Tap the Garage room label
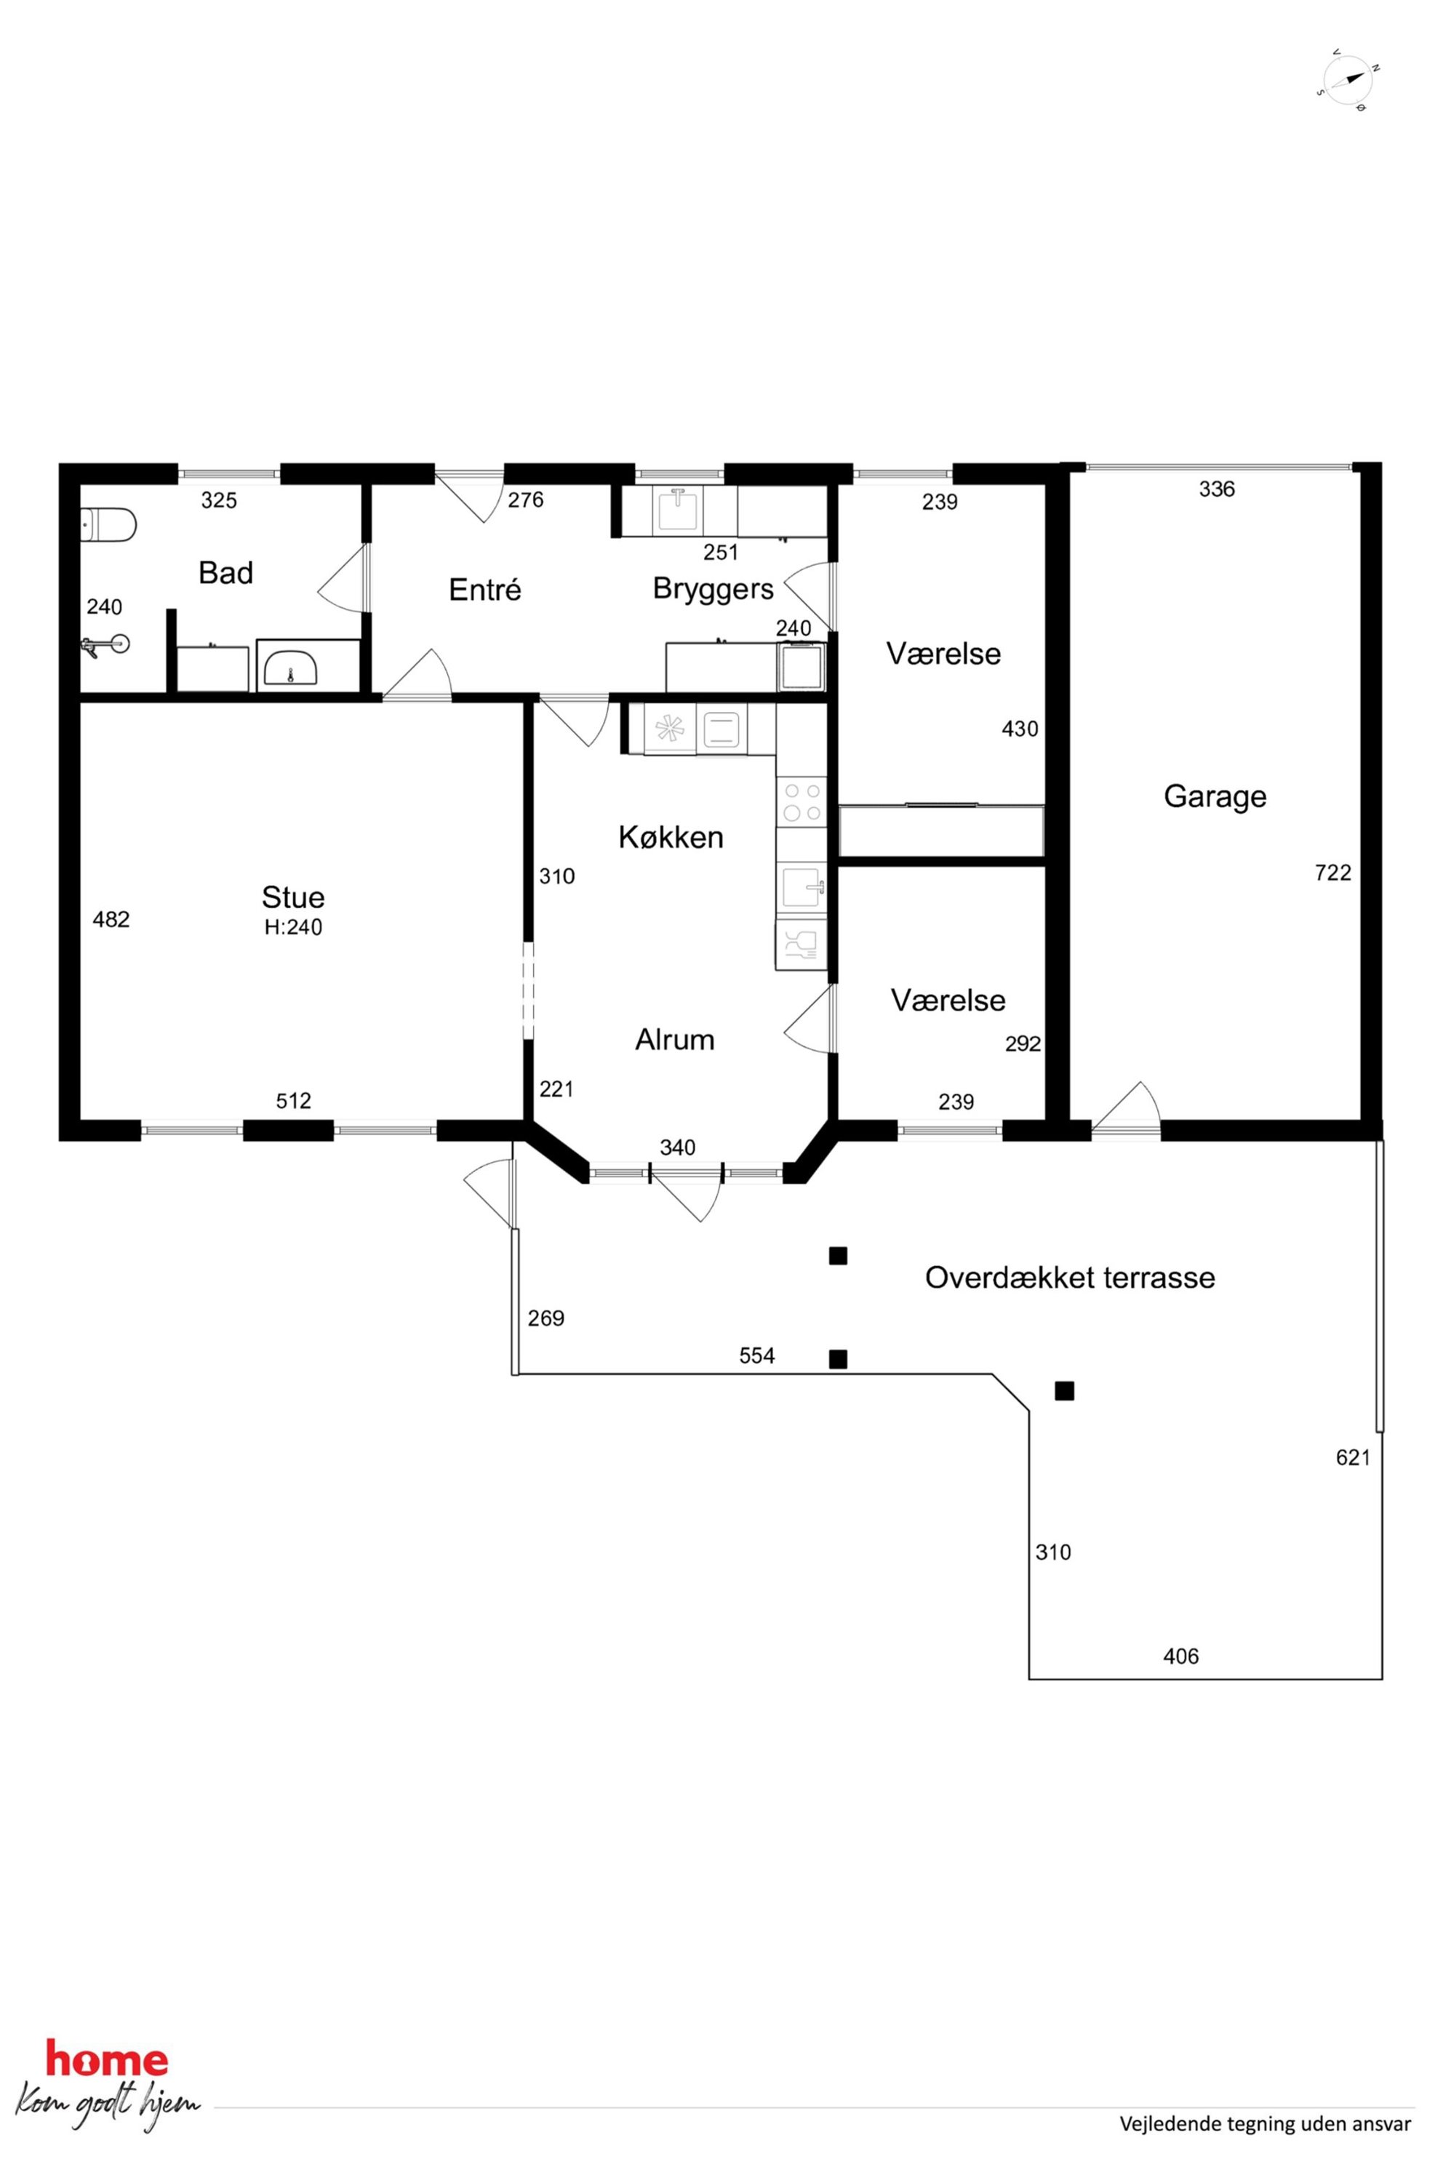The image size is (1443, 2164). click(1215, 796)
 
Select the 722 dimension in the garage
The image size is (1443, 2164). click(1332, 873)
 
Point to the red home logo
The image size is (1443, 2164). click(107, 2059)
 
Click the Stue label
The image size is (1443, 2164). click(292, 897)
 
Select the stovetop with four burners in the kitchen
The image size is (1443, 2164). click(801, 801)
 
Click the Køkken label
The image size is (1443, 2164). click(671, 837)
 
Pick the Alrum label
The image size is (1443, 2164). click(674, 1040)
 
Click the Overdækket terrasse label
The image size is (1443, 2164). click(1069, 1278)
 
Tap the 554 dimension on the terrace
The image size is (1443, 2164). click(756, 1355)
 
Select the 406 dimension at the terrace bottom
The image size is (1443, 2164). click(1180, 1656)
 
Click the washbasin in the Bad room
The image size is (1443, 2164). click(291, 665)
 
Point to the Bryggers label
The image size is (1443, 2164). click(713, 589)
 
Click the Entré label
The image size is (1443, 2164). click(485, 589)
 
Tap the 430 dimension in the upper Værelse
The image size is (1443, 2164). click(1020, 729)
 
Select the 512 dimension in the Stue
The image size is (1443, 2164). click(294, 1100)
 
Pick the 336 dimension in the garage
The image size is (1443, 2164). click(1217, 489)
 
